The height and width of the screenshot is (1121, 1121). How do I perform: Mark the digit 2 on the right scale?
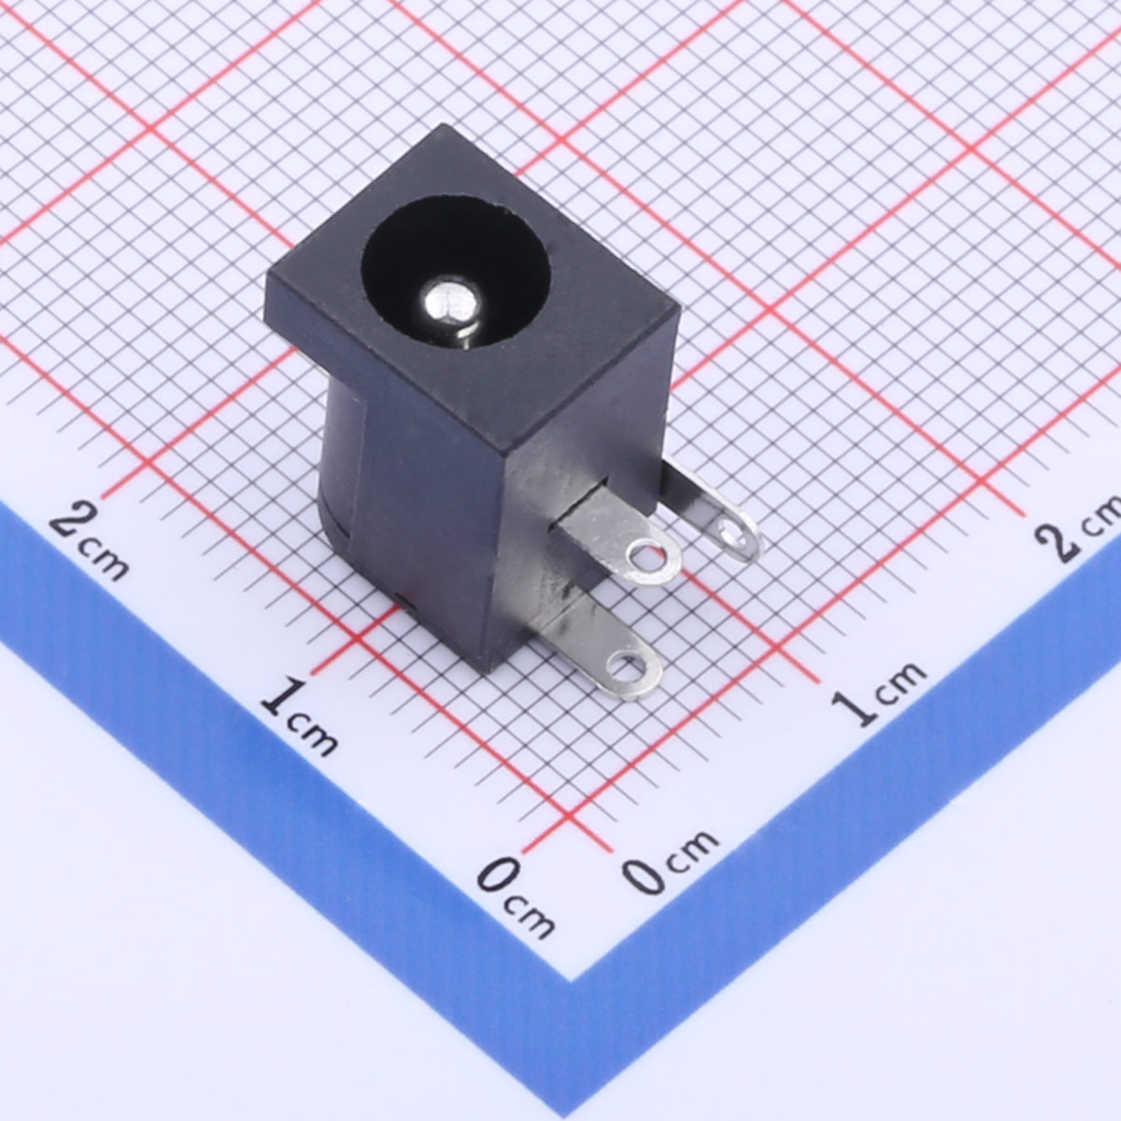(x=1061, y=539)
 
